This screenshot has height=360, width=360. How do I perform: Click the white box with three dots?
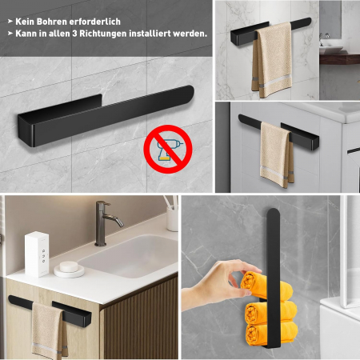point(37,253)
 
